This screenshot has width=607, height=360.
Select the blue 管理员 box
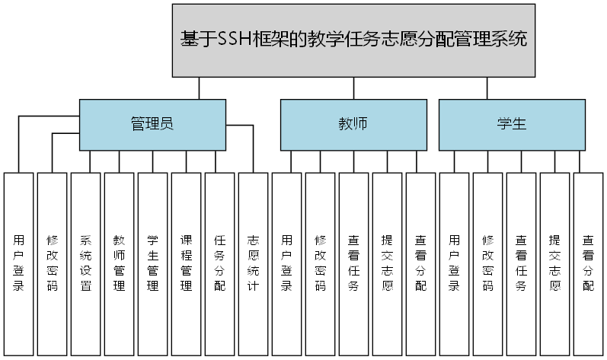(152, 125)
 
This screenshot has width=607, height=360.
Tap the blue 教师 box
(353, 125)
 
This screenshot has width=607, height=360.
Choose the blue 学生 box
(512, 125)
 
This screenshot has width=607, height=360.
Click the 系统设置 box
(85, 263)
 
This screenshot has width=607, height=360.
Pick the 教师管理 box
(119, 263)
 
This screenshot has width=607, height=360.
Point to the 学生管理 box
(152, 263)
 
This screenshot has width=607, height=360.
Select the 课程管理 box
(186, 263)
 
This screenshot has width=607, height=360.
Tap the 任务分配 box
(219, 263)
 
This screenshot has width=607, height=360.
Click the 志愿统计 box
(253, 263)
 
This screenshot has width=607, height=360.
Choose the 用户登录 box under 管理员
(18, 263)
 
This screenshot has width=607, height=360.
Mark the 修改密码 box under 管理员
(52, 263)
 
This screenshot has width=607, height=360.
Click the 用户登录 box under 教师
(286, 263)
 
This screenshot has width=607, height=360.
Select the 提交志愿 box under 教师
(387, 263)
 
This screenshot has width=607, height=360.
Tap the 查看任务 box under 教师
(353, 263)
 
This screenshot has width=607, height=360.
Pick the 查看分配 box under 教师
(420, 263)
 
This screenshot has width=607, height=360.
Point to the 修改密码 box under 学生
(487, 263)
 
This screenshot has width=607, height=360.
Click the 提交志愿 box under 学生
(554, 263)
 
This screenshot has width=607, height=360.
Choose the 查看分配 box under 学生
(588, 263)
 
